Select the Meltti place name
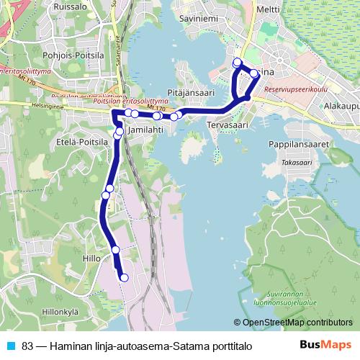pos(268,10)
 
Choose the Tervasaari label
pos(228,125)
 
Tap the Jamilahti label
pos(143,132)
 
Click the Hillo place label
pos(91,258)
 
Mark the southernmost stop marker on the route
pos(124,277)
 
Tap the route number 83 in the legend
pos(27,346)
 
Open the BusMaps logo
pos(325,345)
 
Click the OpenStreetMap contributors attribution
pos(297,323)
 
